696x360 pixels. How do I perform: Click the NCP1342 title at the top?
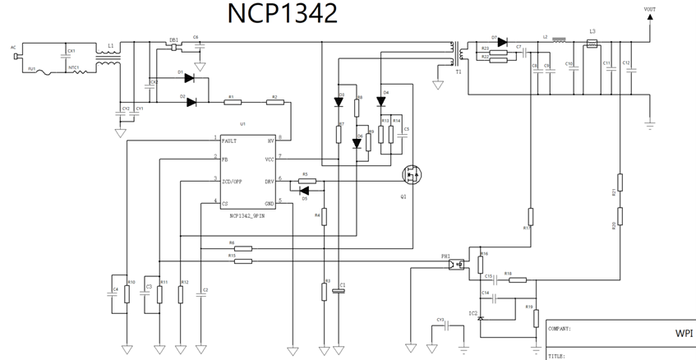click(x=282, y=15)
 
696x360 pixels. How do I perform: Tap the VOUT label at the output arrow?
click(x=649, y=9)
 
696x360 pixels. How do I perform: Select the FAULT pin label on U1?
click(x=230, y=141)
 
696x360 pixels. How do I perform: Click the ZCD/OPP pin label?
click(x=233, y=181)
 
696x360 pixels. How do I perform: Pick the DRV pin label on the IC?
click(x=268, y=181)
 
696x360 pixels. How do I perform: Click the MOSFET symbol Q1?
click(x=411, y=175)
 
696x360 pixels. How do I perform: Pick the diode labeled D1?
click(x=190, y=78)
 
